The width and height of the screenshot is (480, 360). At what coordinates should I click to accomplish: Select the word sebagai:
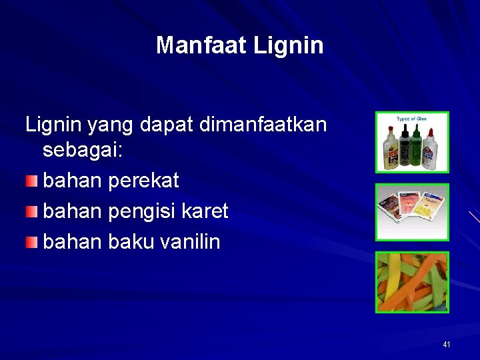[83, 150]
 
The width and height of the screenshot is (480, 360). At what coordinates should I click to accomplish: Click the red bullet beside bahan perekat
[32, 181]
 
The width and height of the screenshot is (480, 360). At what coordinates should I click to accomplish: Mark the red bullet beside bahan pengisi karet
[32, 212]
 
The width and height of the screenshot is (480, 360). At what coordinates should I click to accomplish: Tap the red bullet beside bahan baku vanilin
[32, 243]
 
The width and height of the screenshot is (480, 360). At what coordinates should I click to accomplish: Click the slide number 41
[447, 345]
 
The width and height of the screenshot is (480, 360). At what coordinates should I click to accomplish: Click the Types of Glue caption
[411, 119]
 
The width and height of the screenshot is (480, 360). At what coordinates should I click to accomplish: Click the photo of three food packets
[412, 212]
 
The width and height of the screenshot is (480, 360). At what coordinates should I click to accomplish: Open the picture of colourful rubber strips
[412, 282]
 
